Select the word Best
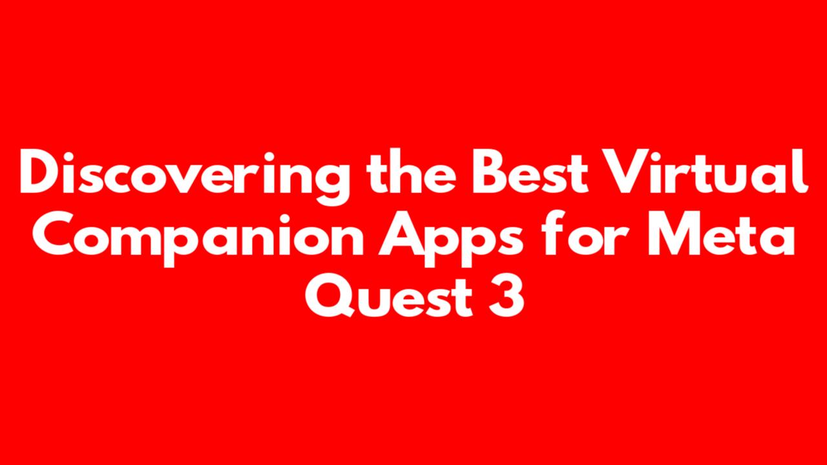[530, 171]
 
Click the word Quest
[389, 295]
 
